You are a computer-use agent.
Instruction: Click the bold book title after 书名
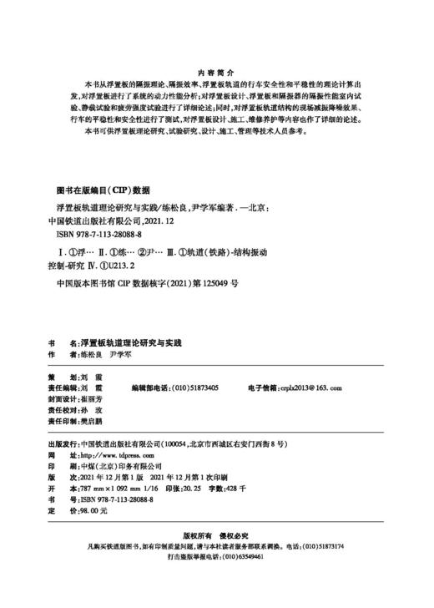click(x=134, y=343)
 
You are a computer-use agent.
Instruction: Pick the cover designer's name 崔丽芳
click(x=93, y=400)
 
